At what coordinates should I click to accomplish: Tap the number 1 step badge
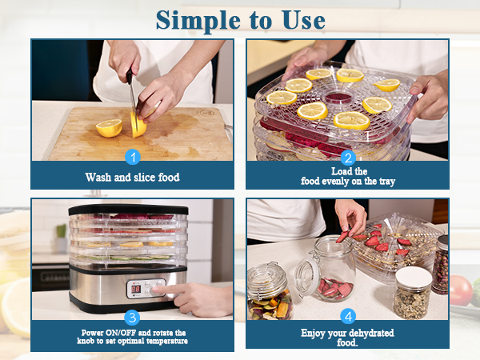pos(133,158)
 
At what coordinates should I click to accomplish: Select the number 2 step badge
pos(347,158)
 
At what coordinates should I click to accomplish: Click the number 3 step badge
pos(133,318)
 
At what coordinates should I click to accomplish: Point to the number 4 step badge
pos(347,316)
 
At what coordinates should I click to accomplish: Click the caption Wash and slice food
pos(133,177)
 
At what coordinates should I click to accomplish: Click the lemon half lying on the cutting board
pos(109,127)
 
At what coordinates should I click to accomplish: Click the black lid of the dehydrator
pos(128,210)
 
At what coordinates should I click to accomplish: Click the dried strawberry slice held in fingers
pos(343,236)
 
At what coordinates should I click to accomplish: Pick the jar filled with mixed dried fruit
pos(270,296)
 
